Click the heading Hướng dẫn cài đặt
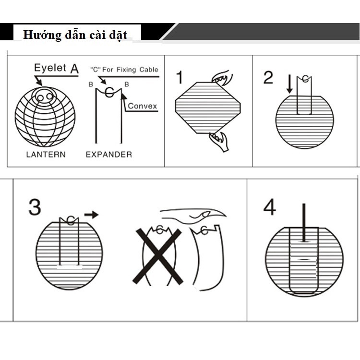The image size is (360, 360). click(x=75, y=35)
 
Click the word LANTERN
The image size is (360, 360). click(x=46, y=155)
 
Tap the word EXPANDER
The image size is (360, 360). click(x=108, y=155)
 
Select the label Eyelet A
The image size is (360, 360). click(x=56, y=68)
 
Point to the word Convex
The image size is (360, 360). click(x=143, y=106)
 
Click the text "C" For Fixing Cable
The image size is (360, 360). click(x=124, y=70)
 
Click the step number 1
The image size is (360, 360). click(x=180, y=77)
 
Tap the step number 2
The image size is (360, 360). click(x=268, y=77)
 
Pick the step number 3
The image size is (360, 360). click(x=35, y=207)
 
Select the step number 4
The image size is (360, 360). click(x=270, y=207)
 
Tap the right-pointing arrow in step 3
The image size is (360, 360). click(x=91, y=214)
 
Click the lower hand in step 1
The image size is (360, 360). click(x=219, y=142)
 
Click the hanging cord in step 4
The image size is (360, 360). click(x=303, y=222)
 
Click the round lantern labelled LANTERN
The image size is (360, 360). click(x=45, y=117)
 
